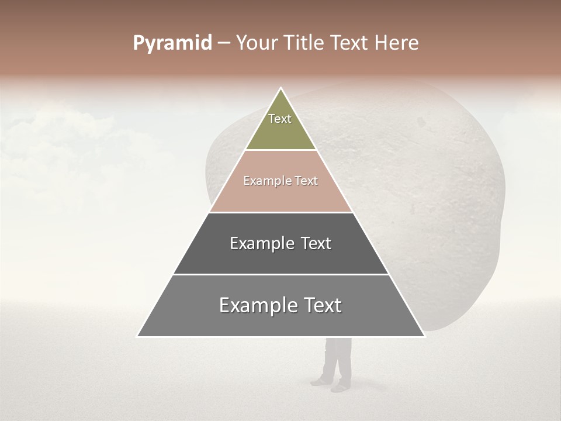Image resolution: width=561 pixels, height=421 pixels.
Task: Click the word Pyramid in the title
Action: pyautogui.click(x=172, y=43)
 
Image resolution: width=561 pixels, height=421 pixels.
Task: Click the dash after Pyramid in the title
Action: pyautogui.click(x=223, y=43)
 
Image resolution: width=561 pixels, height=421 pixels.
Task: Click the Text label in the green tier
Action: pyautogui.click(x=280, y=119)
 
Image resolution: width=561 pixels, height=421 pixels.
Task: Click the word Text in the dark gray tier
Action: pyautogui.click(x=315, y=243)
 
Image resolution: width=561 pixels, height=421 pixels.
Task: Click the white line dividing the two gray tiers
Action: pyautogui.click(x=280, y=274)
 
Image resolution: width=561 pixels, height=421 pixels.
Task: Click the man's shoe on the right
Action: pyautogui.click(x=341, y=387)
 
